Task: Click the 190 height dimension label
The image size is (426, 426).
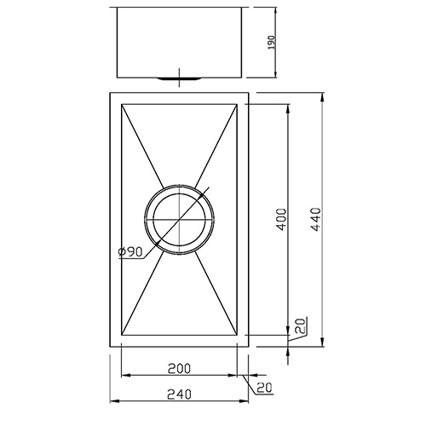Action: point(272,42)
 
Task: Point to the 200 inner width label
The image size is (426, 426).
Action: point(180,369)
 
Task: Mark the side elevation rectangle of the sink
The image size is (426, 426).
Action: point(178,42)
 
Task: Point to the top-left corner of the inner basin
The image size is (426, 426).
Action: point(123,105)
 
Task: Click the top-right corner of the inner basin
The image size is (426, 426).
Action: point(236,105)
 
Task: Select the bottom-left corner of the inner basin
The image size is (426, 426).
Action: point(123,334)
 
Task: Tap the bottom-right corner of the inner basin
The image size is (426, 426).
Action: point(236,334)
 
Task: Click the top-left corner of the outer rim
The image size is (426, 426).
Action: point(110,91)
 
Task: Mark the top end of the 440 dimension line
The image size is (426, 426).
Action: point(322,91)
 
